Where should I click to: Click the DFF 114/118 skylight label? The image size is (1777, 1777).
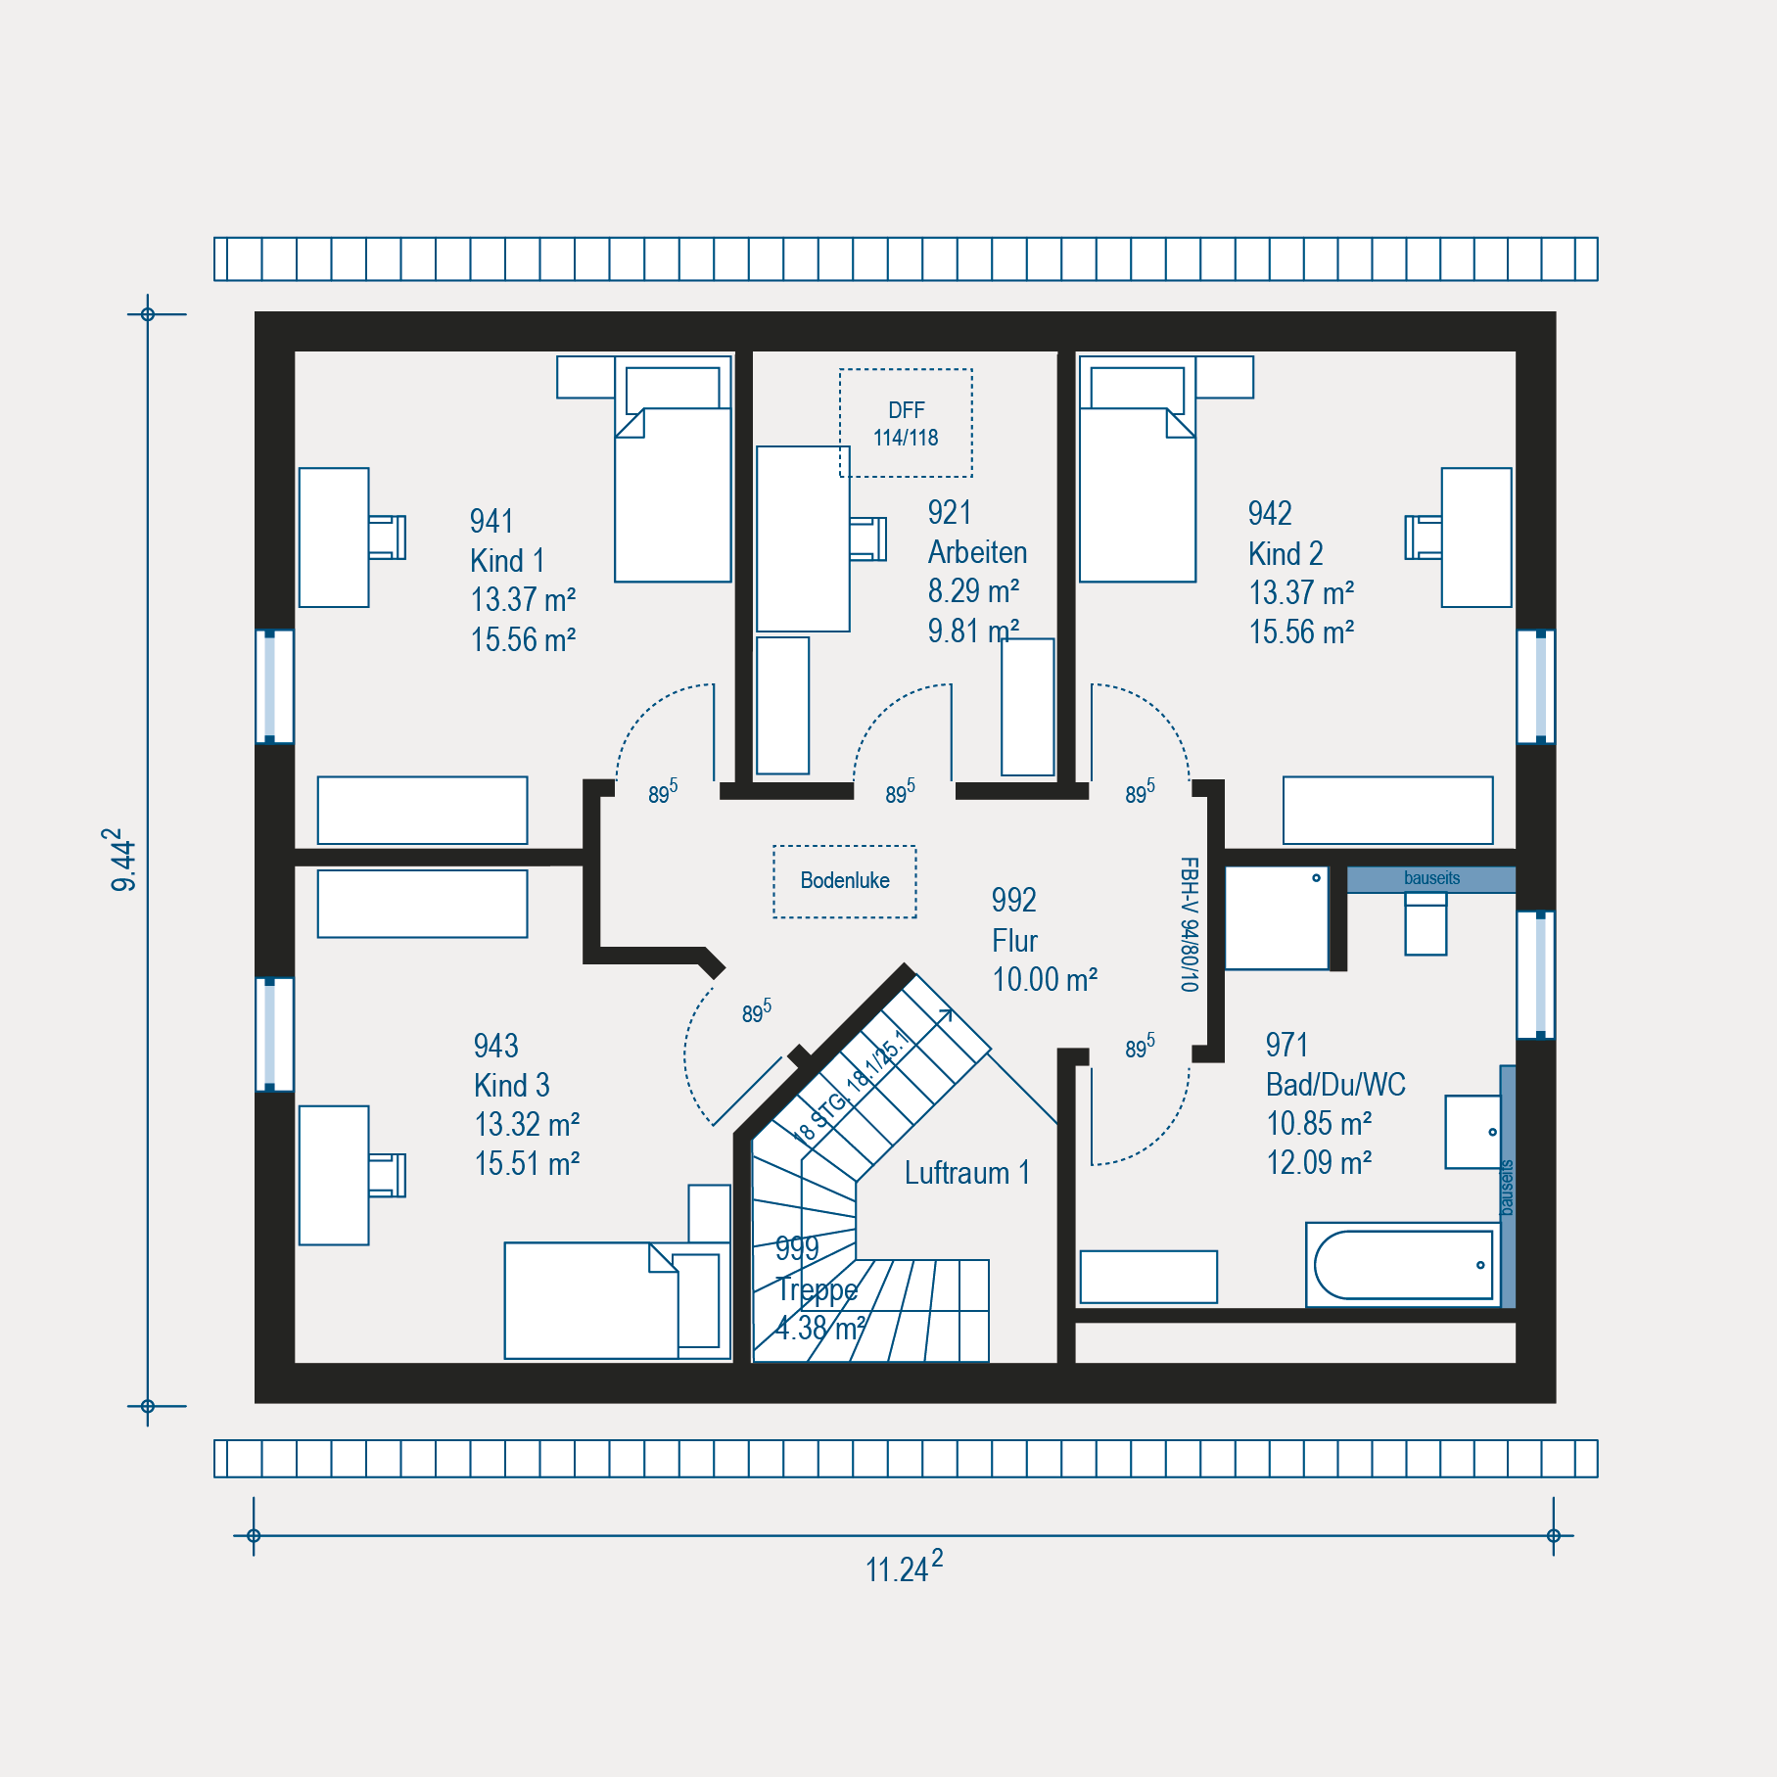pos(906,424)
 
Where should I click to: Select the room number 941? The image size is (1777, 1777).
pos(491,521)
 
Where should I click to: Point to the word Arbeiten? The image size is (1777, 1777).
pos(977,552)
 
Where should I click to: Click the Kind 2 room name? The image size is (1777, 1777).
pos(1286,553)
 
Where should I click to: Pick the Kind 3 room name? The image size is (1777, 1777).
pos(511,1085)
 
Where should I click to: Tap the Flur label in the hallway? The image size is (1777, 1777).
pos(1014,941)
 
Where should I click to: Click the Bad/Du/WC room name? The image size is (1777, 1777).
pos(1335,1084)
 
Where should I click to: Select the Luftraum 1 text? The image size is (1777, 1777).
pos(967,1173)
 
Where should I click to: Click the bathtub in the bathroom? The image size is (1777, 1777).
pos(1403,1265)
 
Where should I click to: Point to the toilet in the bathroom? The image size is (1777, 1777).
pos(1426,923)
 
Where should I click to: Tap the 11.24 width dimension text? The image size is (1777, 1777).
pos(904,1567)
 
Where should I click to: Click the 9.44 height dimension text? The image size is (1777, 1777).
pos(121,860)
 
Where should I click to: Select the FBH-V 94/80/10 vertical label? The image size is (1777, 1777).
pos(1189,924)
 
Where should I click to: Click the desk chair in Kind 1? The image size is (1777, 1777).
pos(387,538)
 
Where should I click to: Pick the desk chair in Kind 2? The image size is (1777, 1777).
pos(1424,538)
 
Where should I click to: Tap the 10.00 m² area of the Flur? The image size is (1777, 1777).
pos(1045,980)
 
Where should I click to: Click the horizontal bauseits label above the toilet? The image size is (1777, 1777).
pos(1431,878)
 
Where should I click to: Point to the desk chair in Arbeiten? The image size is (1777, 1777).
pos(867,538)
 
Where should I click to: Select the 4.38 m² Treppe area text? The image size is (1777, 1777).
pos(820,1329)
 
